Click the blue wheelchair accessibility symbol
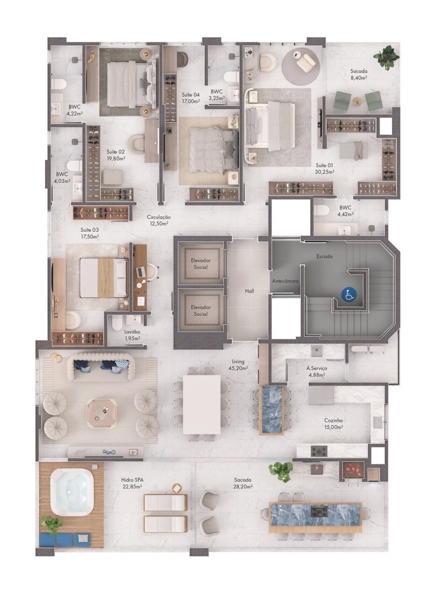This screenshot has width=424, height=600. click(349, 295)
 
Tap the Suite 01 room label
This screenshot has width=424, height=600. click(325, 168)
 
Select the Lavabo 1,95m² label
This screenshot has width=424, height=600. click(132, 335)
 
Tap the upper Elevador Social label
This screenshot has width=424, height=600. click(201, 263)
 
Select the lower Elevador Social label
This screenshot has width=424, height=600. click(201, 311)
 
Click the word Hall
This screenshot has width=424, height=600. click(249, 291)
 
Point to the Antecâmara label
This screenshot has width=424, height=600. click(285, 281)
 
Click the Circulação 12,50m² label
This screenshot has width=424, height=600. click(158, 220)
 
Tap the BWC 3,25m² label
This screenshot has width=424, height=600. click(216, 95)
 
